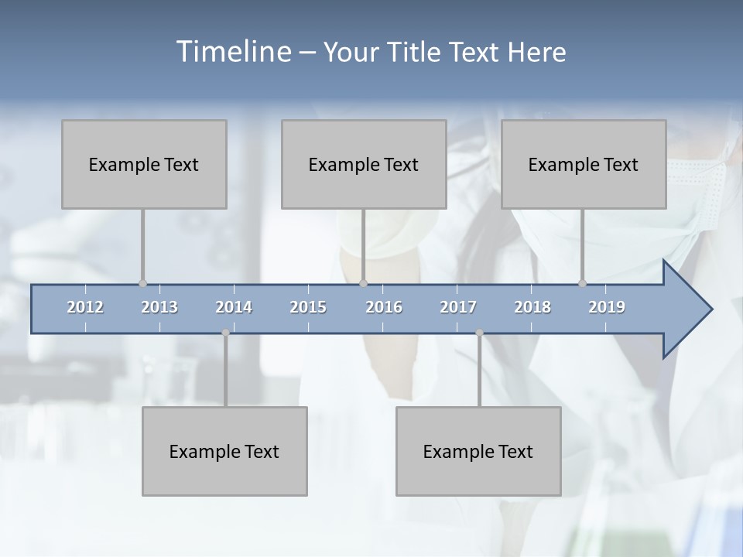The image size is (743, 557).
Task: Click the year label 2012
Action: coord(85,307)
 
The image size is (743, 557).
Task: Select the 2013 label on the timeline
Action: coord(159,307)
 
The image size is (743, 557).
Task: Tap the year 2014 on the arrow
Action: coord(234,307)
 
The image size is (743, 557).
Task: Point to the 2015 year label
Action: coord(308,307)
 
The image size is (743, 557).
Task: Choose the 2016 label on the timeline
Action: coord(384,307)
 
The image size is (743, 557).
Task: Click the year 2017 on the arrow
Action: coord(458,307)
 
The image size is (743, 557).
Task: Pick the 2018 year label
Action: coord(532,307)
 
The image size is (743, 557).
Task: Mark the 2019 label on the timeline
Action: coord(607,307)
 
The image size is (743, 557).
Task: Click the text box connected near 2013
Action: coord(144,165)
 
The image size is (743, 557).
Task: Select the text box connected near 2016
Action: coord(364,165)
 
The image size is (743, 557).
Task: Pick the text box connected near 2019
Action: coord(584,165)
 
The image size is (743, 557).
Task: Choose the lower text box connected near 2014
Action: coord(224,451)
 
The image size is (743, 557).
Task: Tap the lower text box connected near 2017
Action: coord(478,451)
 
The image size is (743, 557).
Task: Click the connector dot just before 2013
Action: coord(142,283)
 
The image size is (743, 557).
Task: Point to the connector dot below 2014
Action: coord(225,333)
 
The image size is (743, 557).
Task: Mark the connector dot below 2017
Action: coord(479,333)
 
